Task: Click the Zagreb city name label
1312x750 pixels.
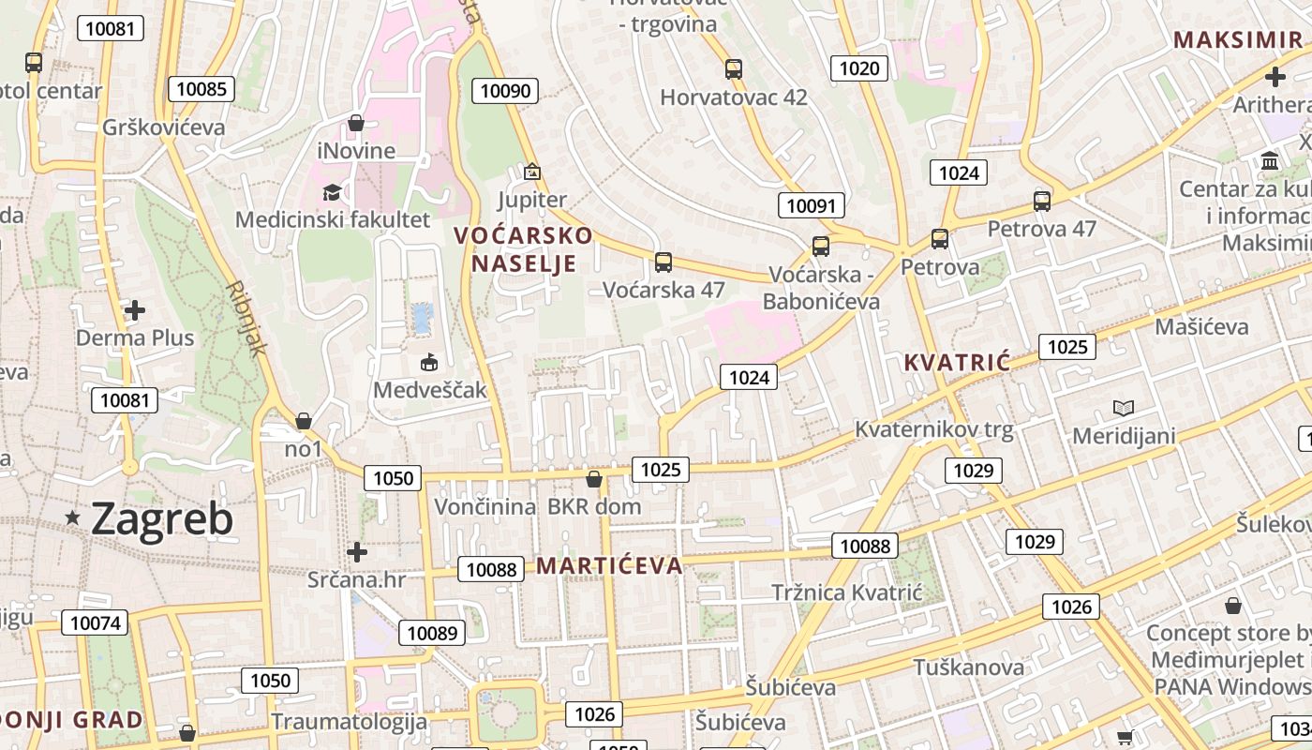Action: pos(162,518)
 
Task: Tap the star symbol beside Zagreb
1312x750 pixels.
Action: pos(72,517)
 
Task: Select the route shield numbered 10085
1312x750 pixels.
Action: pos(201,89)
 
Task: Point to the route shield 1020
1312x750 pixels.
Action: pos(859,67)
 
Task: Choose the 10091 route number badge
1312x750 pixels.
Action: pos(812,205)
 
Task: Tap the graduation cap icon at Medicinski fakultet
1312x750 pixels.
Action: pos(332,192)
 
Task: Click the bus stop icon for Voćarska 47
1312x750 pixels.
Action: pos(663,262)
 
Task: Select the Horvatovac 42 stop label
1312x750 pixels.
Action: pos(734,97)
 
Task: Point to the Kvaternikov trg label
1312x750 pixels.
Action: pos(934,430)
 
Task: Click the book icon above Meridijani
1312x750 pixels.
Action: pos(1123,408)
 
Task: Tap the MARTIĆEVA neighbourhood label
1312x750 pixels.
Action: pos(609,565)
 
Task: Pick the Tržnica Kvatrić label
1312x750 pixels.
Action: pos(847,592)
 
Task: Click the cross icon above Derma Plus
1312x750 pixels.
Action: pos(135,309)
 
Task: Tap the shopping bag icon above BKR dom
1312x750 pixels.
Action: pos(593,480)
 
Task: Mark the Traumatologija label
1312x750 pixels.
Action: pos(349,721)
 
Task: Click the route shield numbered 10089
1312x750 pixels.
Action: pos(432,633)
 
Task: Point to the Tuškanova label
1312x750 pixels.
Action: pos(969,667)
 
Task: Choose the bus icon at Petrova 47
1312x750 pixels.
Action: pos(1041,201)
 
